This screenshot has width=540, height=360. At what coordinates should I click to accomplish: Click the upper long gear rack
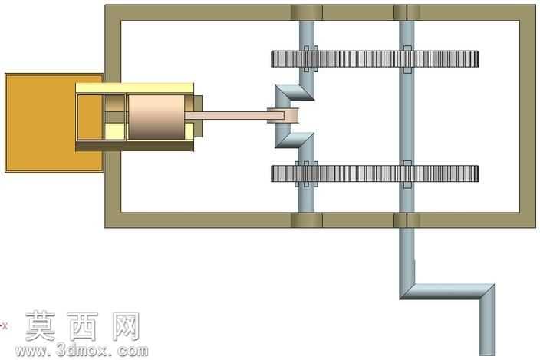click(x=374, y=59)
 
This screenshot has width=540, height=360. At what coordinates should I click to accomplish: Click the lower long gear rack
click(x=374, y=173)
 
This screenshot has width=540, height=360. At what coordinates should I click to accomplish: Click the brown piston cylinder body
click(x=156, y=117)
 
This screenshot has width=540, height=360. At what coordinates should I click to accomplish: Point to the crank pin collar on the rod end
click(x=283, y=115)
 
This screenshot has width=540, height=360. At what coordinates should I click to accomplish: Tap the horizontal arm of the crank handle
click(x=447, y=292)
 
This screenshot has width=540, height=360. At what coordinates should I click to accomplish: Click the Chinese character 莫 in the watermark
click(x=41, y=326)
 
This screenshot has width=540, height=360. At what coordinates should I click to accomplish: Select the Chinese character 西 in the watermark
click(x=83, y=326)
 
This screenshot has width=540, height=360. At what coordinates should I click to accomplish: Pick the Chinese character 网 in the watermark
click(x=126, y=326)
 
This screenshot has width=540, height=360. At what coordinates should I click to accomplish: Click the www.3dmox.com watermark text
click(x=81, y=351)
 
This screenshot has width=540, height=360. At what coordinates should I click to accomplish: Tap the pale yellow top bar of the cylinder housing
click(x=135, y=88)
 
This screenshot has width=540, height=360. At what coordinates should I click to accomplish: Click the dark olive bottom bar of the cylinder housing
click(x=135, y=146)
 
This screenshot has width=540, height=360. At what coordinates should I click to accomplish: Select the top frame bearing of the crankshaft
click(x=307, y=13)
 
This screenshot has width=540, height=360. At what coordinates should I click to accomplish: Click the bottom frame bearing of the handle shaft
click(x=407, y=220)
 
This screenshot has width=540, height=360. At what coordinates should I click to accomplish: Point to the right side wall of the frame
click(x=528, y=117)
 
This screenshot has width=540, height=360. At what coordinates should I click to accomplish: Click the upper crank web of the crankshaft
click(x=294, y=93)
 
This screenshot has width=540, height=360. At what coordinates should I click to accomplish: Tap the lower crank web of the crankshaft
click(x=294, y=140)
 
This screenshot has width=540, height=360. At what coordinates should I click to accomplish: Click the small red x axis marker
click(x=4, y=325)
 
